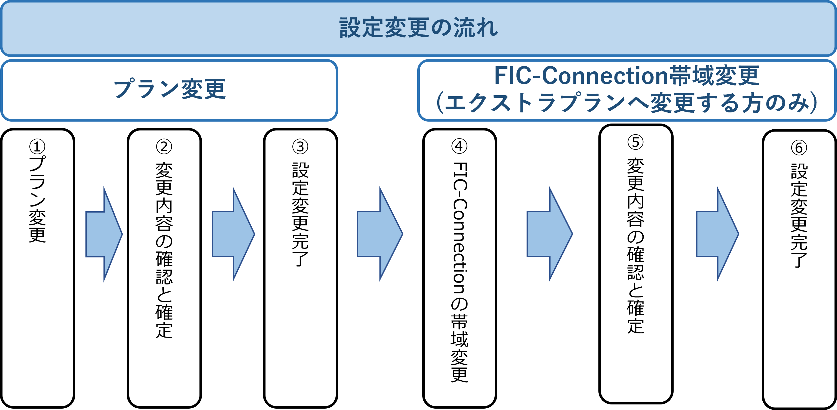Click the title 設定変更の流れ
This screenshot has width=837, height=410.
click(418, 28)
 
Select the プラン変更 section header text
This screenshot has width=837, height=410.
click(169, 89)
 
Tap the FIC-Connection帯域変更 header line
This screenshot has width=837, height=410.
click(626, 76)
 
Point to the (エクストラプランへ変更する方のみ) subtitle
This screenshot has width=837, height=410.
click(626, 103)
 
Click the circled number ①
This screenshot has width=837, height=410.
click(37, 147)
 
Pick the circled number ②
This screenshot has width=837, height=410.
click(164, 147)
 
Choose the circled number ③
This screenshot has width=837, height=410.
click(300, 147)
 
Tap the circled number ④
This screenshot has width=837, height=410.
click(459, 147)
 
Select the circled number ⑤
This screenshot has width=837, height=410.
click(636, 142)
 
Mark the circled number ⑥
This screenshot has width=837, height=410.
click(799, 148)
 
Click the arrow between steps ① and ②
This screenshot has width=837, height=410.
click(103, 234)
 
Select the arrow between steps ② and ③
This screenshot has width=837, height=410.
click(233, 234)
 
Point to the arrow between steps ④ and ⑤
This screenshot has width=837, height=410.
click(549, 234)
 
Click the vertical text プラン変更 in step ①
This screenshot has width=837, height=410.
click(37, 199)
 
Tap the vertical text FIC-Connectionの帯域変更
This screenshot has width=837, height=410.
click(459, 272)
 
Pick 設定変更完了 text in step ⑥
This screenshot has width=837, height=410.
click(799, 215)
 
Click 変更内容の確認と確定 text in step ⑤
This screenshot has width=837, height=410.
click(636, 246)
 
